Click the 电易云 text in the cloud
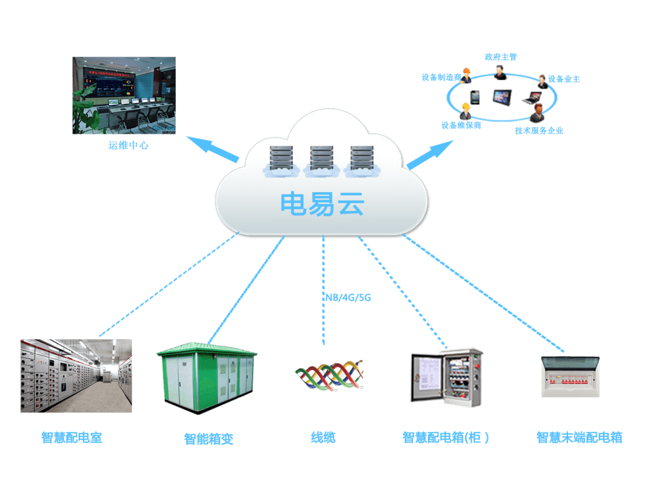[322, 204]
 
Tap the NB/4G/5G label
[348, 298]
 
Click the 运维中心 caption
[129, 145]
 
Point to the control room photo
[124, 95]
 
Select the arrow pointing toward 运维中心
[213, 150]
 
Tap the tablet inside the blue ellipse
[502, 98]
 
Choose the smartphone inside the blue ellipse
[475, 98]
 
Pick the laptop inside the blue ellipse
[531, 99]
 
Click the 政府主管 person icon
[500, 72]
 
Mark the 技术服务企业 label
[539, 131]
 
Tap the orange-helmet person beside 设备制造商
[466, 76]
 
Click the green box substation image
[207, 378]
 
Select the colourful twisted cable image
[329, 375]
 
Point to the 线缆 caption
[323, 437]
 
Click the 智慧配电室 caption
[72, 438]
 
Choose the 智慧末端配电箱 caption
[579, 438]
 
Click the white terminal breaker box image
[570, 377]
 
